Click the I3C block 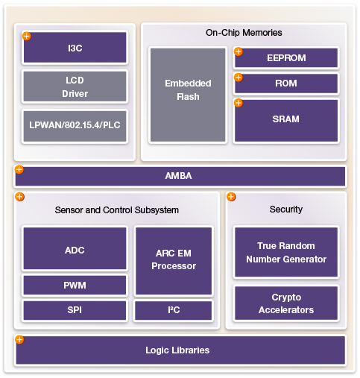pos(75,48)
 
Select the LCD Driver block pos(75,86)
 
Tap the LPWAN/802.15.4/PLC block pos(75,126)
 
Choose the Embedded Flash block pos(188,95)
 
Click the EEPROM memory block pos(286,58)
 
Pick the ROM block pos(286,84)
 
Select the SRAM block pos(286,121)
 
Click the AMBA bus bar pos(180,176)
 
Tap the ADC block pos(75,248)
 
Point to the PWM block pos(75,285)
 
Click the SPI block pos(75,310)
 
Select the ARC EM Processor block pos(174,261)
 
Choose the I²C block pos(174,310)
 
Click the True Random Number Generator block pos(286,252)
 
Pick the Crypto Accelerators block pos(286,303)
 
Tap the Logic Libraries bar pos(180,350)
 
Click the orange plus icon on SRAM pos(239,103)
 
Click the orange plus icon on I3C pos(27,36)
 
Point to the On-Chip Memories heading pos(244,33)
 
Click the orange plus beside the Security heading pos(231,197)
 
